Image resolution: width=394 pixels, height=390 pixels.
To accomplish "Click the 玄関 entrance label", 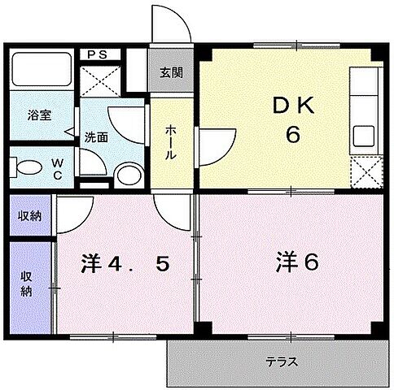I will (170, 71).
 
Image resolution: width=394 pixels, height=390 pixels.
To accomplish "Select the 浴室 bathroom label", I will (40, 115).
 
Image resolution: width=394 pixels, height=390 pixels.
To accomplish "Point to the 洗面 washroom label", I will (97, 137).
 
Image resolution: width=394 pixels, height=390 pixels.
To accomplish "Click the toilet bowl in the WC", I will (28, 169).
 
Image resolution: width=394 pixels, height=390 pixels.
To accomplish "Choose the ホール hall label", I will (173, 141).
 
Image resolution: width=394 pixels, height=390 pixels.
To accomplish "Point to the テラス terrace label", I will (281, 362).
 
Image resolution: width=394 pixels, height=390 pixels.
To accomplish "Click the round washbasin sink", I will (126, 175).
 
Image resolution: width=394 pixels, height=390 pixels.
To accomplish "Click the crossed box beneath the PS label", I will (102, 81).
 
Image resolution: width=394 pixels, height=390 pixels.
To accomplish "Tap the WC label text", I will (58, 168).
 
